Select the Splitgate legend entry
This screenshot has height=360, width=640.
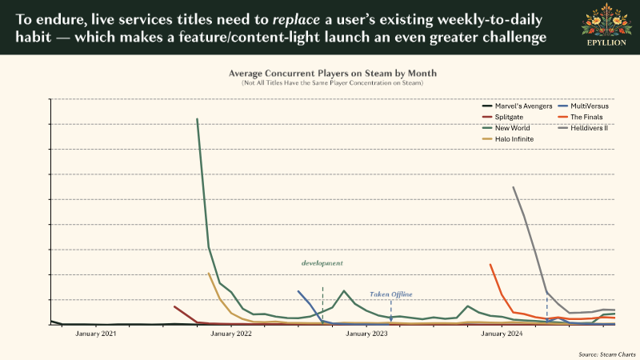click(507, 117)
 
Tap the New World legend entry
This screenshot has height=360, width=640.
click(510, 127)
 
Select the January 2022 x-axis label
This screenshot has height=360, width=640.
click(230, 334)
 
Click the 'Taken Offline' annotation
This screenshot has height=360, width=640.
click(390, 294)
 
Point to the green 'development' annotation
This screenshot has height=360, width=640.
click(322, 262)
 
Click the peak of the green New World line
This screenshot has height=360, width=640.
click(197, 119)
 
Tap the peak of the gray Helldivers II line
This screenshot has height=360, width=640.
click(513, 187)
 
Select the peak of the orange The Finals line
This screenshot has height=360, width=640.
click(490, 264)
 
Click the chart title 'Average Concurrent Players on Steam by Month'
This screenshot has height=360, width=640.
click(320, 73)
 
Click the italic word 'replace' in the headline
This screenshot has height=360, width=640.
click(297, 17)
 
